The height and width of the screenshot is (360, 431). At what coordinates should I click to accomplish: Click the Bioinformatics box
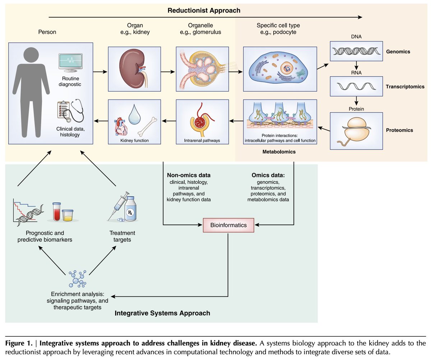228,225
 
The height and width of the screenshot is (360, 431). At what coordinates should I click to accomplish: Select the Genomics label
398,52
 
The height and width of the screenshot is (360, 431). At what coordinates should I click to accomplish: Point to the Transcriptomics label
404,87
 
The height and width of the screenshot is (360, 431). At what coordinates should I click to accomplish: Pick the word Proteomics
400,130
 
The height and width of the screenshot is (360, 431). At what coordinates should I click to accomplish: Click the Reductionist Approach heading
204,10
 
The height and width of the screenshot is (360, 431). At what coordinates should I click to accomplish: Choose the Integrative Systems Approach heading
162,313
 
